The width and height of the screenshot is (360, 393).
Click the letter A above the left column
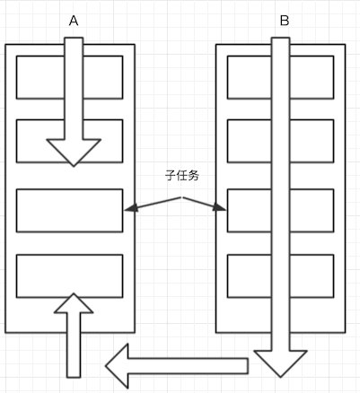point(74,21)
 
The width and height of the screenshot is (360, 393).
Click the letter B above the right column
point(285,21)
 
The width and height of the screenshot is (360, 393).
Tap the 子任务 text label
point(182,176)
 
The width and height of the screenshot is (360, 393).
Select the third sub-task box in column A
point(69,210)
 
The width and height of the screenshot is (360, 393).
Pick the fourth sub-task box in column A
point(69,276)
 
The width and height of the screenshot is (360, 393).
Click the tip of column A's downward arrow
point(74,166)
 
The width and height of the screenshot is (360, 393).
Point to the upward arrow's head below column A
point(74,302)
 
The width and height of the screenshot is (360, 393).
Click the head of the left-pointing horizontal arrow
point(117,366)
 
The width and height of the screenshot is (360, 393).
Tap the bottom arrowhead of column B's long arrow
point(280,363)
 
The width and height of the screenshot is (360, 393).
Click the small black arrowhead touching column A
point(131,208)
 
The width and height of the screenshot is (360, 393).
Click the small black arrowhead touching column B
point(219,207)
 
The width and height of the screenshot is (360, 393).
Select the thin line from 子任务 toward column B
point(205,204)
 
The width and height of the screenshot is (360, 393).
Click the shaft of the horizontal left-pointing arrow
point(188,366)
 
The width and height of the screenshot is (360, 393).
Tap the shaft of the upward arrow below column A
point(74,345)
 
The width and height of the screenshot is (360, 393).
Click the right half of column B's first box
point(312,77)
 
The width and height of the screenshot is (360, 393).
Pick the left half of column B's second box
point(250,141)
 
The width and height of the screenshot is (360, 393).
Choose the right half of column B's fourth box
point(312,276)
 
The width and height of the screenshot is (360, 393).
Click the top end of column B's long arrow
point(280,38)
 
